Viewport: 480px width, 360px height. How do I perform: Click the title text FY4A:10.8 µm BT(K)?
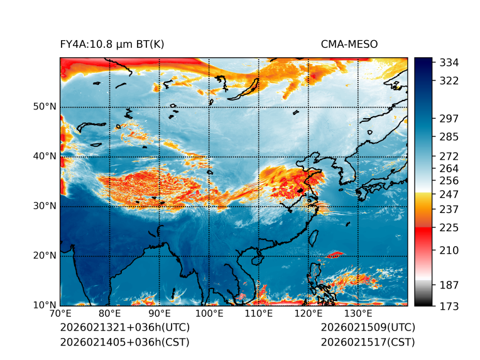click(112, 44)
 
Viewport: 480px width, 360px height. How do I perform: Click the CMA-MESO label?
click(349, 44)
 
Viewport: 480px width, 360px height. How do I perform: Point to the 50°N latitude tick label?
click(45, 107)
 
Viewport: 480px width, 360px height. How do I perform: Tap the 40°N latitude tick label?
click(45, 156)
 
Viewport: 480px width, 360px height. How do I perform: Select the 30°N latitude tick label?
click(45, 206)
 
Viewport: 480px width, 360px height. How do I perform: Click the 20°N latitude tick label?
click(45, 256)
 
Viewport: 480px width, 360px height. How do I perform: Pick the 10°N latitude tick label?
click(45, 305)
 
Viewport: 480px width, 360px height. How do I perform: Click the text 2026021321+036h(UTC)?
click(124, 328)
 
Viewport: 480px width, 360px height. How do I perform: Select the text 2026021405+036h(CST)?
click(124, 342)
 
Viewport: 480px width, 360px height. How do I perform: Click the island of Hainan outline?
click(256, 259)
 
